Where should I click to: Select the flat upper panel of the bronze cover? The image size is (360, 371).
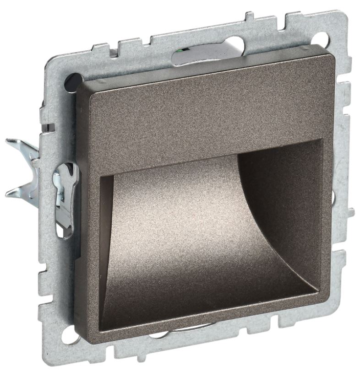click(202, 114)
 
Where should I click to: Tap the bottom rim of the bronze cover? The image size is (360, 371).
click(206, 320)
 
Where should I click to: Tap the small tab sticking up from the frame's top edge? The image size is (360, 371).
click(250, 17)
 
